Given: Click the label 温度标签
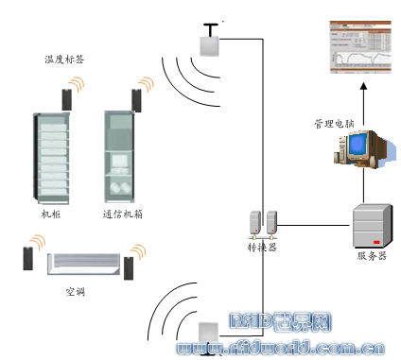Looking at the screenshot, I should click(63, 60).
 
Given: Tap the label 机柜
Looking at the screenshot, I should click(50, 215).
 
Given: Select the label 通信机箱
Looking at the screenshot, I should click(122, 215).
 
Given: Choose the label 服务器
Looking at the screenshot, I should click(372, 256).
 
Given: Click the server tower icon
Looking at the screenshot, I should click(370, 225).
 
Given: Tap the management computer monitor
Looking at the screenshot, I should click(358, 146).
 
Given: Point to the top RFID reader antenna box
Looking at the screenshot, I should click(208, 43).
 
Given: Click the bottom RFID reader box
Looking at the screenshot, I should click(209, 332).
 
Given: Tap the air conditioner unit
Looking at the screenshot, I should click(84, 264).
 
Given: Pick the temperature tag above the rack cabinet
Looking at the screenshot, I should click(67, 96).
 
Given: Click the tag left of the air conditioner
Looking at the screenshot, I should click(29, 258).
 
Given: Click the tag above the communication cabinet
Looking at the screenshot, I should click(137, 98).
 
